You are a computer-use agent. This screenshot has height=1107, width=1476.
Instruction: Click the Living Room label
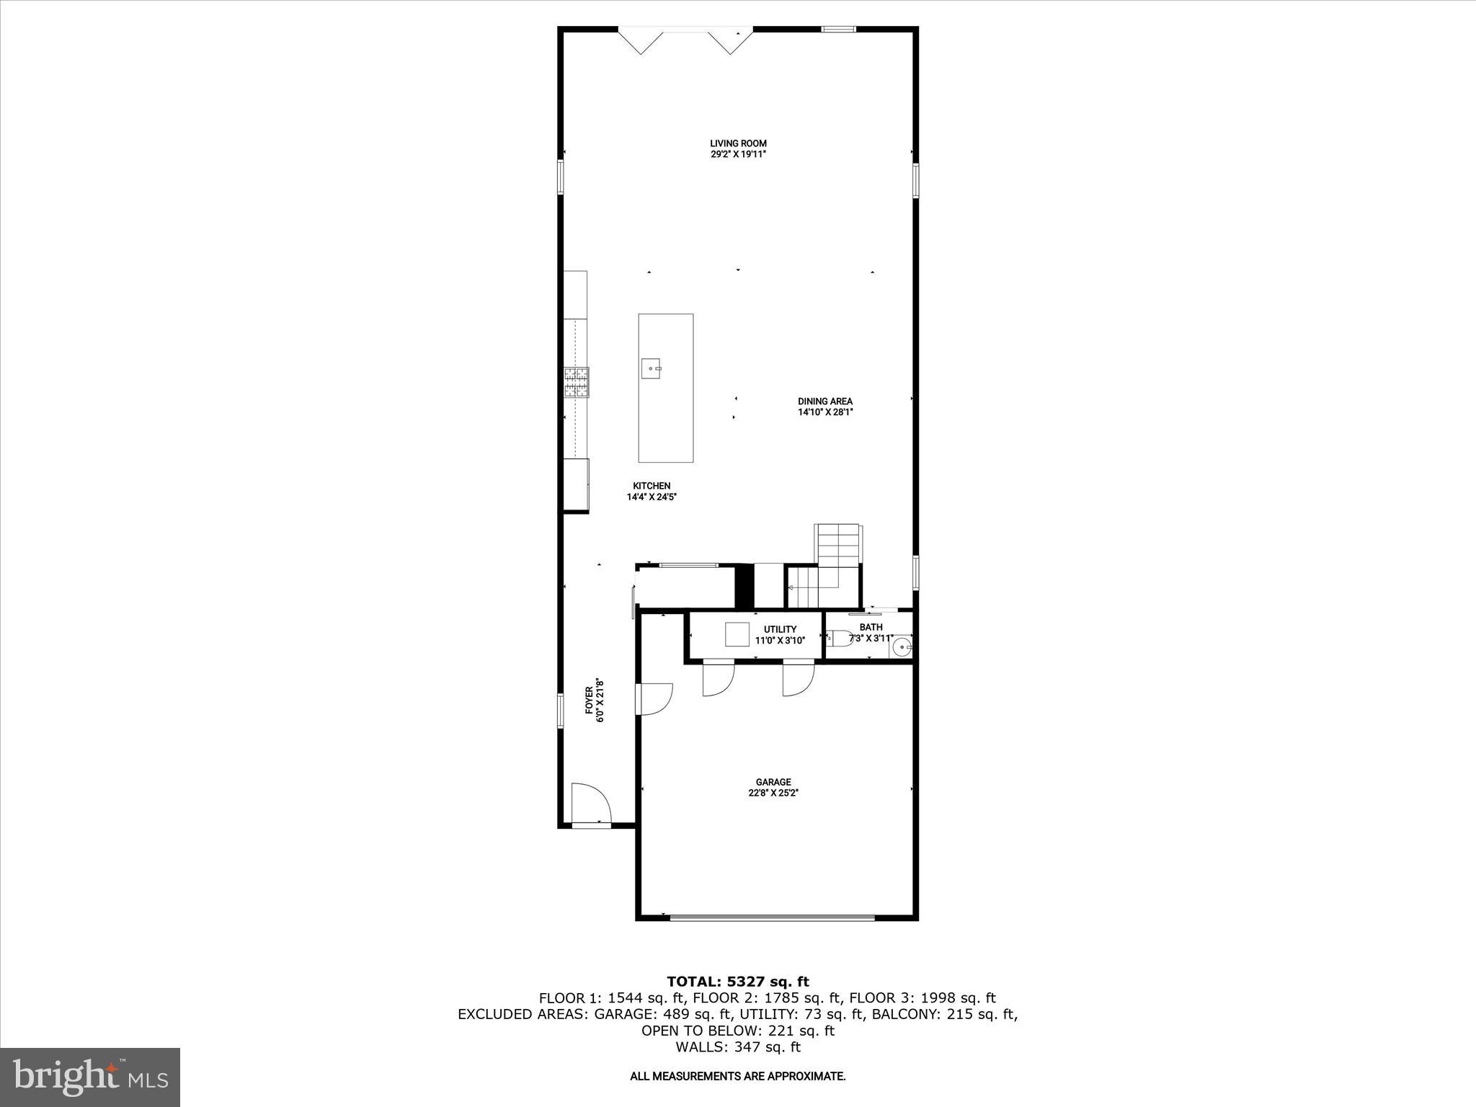pyautogui.click(x=738, y=143)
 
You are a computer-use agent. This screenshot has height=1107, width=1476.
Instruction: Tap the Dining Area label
pyautogui.click(x=824, y=401)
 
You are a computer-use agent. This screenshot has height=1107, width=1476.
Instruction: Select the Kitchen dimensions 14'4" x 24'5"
pyautogui.click(x=652, y=497)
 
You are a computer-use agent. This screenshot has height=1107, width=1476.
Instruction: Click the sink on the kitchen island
pyautogui.click(x=653, y=369)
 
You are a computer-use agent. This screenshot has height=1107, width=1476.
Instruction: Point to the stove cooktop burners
pyautogui.click(x=577, y=382)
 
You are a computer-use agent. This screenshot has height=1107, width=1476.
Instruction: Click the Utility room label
pyautogui.click(x=780, y=629)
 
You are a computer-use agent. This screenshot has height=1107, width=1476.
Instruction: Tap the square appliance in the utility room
pyautogui.click(x=738, y=634)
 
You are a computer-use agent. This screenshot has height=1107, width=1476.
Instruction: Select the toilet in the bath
pyautogui.click(x=839, y=637)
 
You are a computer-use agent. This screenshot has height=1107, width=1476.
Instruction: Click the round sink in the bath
pyautogui.click(x=900, y=648)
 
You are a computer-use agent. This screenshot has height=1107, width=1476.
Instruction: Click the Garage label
pyautogui.click(x=773, y=782)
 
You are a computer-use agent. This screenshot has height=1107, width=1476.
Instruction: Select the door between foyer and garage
pyautogui.click(x=653, y=699)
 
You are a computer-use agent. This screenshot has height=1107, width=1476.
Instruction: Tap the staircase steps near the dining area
pyautogui.click(x=837, y=546)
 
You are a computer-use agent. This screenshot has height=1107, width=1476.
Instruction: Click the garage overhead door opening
pyautogui.click(x=772, y=917)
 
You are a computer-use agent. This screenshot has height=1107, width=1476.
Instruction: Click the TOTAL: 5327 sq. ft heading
pyautogui.click(x=737, y=982)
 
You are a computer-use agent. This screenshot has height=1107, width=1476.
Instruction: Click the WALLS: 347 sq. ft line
pyautogui.click(x=737, y=1047)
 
